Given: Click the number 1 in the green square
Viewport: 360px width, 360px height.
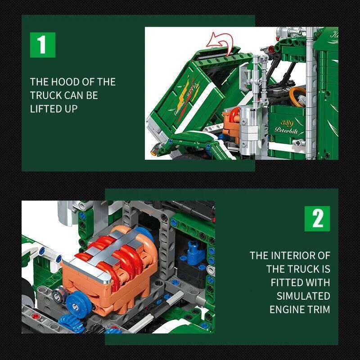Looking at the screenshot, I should click(42, 45).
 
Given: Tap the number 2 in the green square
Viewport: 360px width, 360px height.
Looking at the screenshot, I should click(317, 219).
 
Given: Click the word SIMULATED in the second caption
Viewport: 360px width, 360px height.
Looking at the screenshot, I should click(303, 296).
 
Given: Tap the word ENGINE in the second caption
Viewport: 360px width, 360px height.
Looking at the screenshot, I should click(288, 310).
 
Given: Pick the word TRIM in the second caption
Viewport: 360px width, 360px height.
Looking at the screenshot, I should click(319, 310).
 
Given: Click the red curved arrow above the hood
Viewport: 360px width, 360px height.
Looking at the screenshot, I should click(223, 45).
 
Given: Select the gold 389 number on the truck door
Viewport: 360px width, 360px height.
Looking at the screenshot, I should click(287, 122).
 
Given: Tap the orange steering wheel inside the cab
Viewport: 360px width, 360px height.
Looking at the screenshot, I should click(297, 95).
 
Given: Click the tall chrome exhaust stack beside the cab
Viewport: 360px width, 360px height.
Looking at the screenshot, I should click(309, 90).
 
